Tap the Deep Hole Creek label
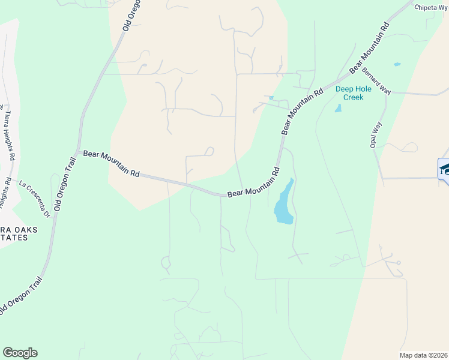click(353, 93)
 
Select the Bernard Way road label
click(376, 81)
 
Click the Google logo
click(20, 353)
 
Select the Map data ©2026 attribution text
click(424, 355)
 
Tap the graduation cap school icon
click(445, 169)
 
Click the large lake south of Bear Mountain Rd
click(284, 204)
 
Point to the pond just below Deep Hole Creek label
click(338, 109)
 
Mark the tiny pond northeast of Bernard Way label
click(396, 64)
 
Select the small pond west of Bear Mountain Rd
click(271, 98)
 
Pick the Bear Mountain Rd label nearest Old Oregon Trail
click(111, 163)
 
